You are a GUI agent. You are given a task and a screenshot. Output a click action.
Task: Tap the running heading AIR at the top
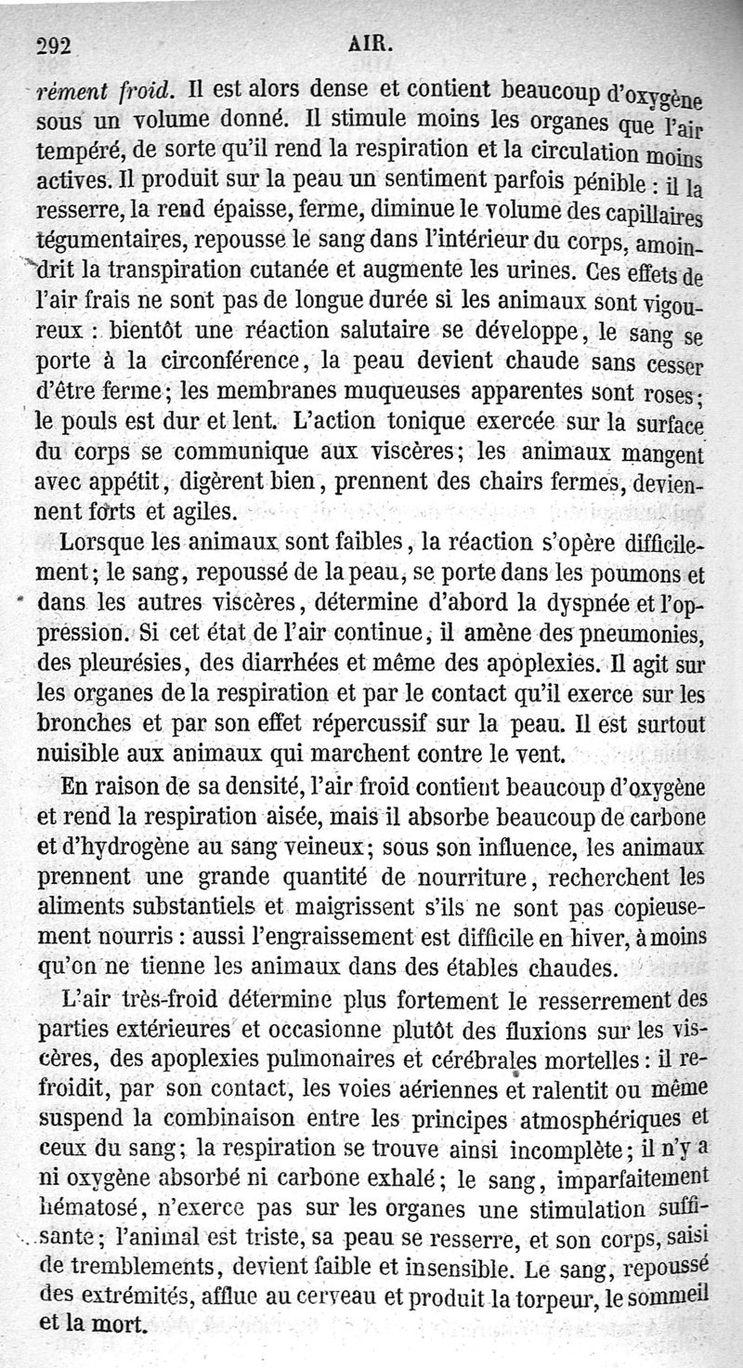point(371,42)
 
